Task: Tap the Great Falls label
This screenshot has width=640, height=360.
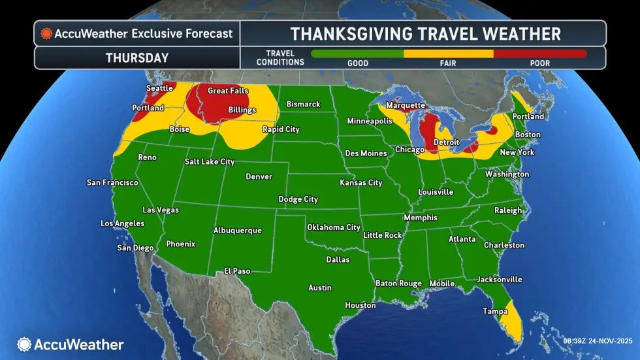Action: click(x=227, y=91)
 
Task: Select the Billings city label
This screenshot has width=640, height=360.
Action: click(x=242, y=110)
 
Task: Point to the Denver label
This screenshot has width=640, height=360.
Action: click(x=259, y=176)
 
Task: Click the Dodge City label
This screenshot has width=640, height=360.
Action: click(x=298, y=199)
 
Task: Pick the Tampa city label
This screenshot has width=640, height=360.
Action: click(x=495, y=312)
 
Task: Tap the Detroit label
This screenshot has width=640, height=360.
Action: click(x=446, y=142)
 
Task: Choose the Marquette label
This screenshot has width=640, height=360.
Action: click(x=406, y=105)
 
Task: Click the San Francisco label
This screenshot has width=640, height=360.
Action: click(x=112, y=182)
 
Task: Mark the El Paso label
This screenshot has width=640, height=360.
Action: click(x=236, y=270)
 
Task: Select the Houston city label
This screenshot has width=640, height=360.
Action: click(x=360, y=305)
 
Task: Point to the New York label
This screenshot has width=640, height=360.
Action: click(x=517, y=152)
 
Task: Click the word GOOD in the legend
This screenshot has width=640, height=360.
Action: click(x=358, y=63)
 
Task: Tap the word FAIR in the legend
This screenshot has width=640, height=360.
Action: click(x=449, y=63)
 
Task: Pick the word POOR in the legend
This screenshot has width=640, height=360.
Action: click(x=539, y=63)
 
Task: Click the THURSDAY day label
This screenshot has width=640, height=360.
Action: click(x=137, y=57)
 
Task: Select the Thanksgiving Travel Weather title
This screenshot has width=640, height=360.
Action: click(x=424, y=33)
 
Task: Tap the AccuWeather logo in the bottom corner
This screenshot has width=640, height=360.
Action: click(x=71, y=344)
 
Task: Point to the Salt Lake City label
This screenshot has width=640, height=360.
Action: click(x=209, y=161)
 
